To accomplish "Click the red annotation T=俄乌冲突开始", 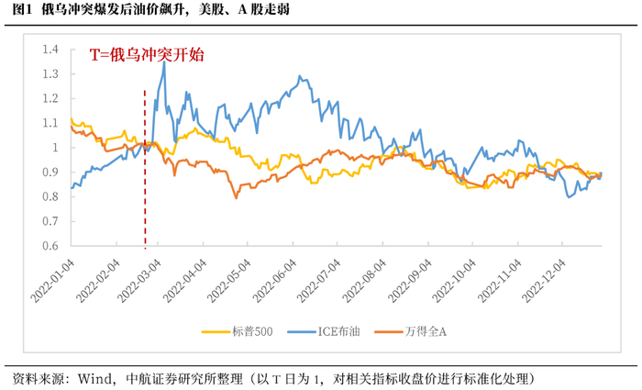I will coord(146,55).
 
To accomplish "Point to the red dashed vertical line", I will coord(145,184).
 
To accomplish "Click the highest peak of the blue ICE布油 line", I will coord(164,61).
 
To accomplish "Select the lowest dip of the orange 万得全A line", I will coord(237,196).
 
